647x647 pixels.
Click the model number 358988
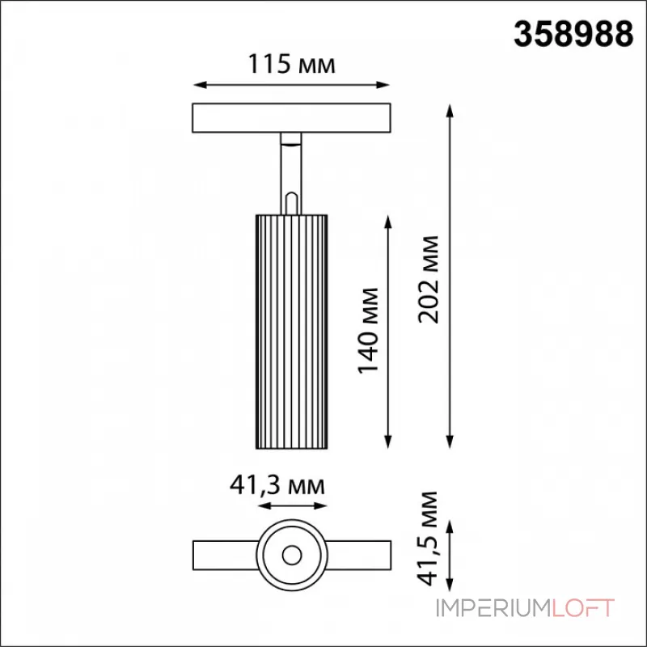click(x=573, y=35)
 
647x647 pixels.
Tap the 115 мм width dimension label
click(x=291, y=64)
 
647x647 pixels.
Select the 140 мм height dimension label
click(x=368, y=331)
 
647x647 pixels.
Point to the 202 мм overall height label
click(x=429, y=280)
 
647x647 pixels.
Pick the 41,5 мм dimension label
click(x=428, y=538)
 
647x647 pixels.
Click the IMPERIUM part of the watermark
click(x=494, y=608)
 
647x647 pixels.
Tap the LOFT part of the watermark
click(x=583, y=608)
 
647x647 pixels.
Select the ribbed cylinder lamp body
click(x=292, y=332)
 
